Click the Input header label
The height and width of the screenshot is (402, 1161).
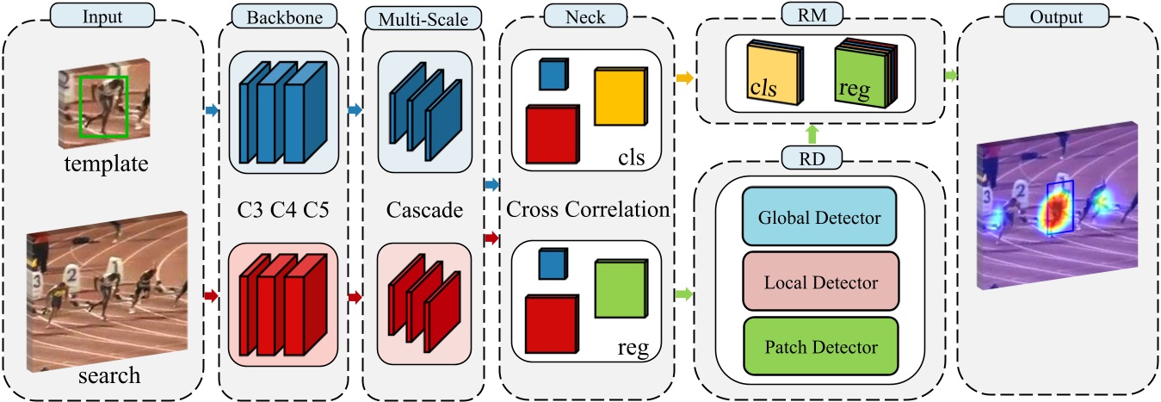102,15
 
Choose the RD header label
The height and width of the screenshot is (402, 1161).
812,158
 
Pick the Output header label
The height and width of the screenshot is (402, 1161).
1058,15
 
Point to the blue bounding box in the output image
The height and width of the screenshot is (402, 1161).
1059,207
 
